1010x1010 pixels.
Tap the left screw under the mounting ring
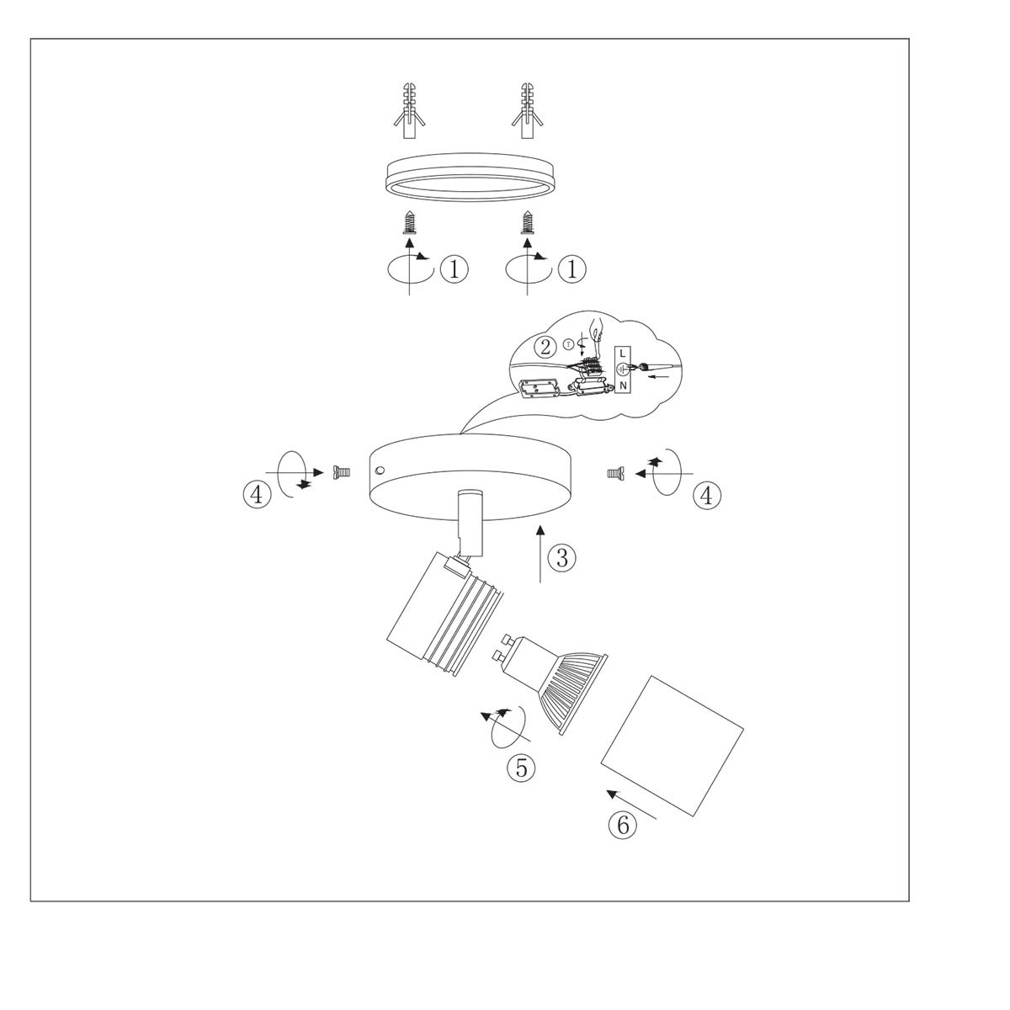(x=409, y=222)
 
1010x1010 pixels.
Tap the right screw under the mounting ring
(x=528, y=222)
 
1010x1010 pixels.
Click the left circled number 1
(x=454, y=269)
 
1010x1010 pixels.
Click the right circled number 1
(x=572, y=269)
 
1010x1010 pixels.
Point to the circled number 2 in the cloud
(x=547, y=346)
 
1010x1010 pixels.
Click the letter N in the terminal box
(x=623, y=386)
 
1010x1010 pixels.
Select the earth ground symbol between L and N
(x=623, y=369)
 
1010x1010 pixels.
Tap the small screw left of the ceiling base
(x=342, y=473)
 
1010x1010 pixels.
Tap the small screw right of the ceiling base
(x=614, y=474)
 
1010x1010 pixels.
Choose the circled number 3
(x=562, y=556)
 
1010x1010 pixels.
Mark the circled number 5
(x=521, y=767)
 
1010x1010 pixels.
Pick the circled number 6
(x=623, y=825)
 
